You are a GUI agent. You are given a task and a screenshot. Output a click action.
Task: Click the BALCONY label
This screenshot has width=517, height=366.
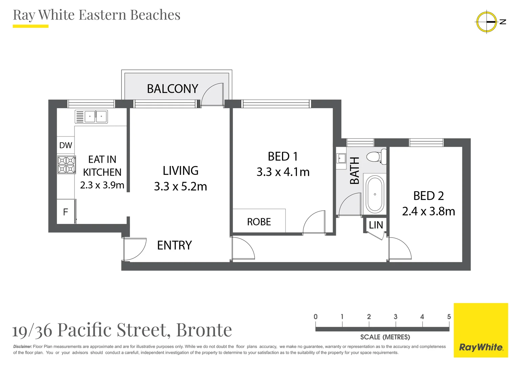(172, 89)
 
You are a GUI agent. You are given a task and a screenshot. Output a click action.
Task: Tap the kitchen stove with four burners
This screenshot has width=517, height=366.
(66, 165)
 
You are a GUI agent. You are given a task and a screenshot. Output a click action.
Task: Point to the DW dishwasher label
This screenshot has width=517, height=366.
(66, 145)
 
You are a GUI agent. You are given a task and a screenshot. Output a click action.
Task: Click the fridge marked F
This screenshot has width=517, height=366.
(66, 212)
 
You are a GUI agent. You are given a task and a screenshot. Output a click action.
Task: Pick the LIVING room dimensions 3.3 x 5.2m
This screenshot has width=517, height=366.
(180, 186)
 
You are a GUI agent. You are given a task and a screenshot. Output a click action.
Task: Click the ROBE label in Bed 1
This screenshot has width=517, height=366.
(259, 222)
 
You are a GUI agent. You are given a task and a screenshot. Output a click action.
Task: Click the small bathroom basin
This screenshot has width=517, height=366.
(341, 158)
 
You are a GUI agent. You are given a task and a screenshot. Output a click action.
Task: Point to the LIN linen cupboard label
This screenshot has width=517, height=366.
(376, 225)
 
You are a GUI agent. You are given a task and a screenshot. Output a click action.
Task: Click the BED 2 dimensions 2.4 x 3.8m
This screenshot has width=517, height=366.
(428, 211)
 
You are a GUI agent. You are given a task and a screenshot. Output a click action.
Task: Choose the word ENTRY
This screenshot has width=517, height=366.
(174, 245)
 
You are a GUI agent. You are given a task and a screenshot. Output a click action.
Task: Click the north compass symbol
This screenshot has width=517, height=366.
(487, 22)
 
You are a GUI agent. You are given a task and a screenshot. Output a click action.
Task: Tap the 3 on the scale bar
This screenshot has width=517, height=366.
(395, 317)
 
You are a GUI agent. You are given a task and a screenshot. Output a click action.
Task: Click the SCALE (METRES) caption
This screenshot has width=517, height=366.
(385, 337)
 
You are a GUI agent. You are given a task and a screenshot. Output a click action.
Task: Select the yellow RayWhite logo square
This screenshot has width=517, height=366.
(481, 330)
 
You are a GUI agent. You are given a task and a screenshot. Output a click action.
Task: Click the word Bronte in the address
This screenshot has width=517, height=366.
(204, 330)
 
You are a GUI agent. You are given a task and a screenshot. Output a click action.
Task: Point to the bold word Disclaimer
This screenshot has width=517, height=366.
(23, 347)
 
